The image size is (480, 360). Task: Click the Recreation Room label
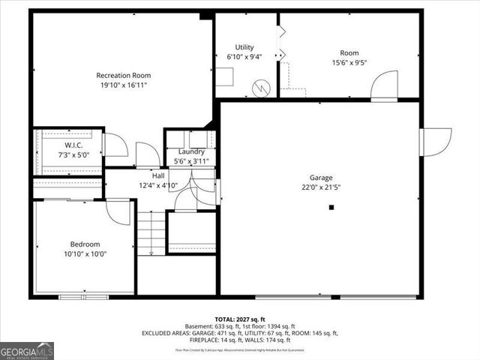click(124, 75)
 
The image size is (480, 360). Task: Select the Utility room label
click(244, 47)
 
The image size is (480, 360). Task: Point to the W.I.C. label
click(73, 145)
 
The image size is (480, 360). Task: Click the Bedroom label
click(85, 244)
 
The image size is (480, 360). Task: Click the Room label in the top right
click(349, 52)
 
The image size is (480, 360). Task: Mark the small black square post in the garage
click(331, 208)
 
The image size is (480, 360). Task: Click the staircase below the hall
click(150, 232)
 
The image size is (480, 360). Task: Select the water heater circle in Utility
click(260, 89)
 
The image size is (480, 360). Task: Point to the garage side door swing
click(436, 142)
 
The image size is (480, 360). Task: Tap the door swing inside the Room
click(385, 85)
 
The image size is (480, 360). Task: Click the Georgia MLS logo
click(27, 350)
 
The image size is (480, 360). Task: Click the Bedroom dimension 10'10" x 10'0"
click(85, 254)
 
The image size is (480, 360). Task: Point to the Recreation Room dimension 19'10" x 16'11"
click(124, 85)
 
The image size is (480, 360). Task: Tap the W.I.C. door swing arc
click(115, 144)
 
